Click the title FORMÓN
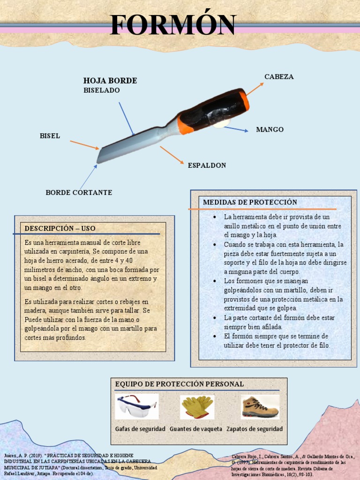(x=173, y=25)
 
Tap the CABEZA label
(x=279, y=77)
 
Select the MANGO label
(x=270, y=129)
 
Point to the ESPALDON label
(x=207, y=165)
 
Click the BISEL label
(x=50, y=136)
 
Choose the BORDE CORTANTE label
(x=79, y=193)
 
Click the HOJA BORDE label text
(x=110, y=81)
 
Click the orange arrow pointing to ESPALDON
(x=171, y=155)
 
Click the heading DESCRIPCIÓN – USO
(x=60, y=228)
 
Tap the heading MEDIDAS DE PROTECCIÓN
(x=250, y=202)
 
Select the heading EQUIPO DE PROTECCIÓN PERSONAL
(x=180, y=384)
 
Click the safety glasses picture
(x=137, y=406)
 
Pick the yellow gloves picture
(x=197, y=406)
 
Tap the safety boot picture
(x=260, y=406)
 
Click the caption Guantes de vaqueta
(x=196, y=429)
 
